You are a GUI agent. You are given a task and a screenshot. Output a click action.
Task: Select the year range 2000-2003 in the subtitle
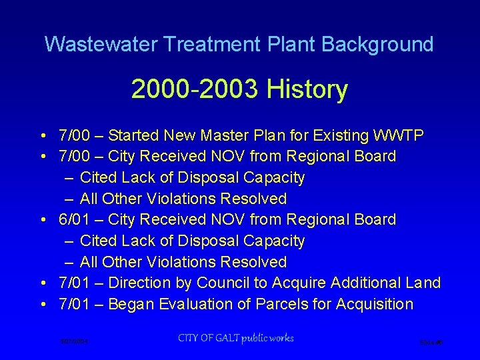click(195, 89)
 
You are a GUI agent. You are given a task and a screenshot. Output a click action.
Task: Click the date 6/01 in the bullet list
click(72, 219)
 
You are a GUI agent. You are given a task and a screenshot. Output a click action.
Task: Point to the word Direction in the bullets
click(140, 283)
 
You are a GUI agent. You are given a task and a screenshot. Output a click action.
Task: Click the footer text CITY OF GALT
click(206, 339)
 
